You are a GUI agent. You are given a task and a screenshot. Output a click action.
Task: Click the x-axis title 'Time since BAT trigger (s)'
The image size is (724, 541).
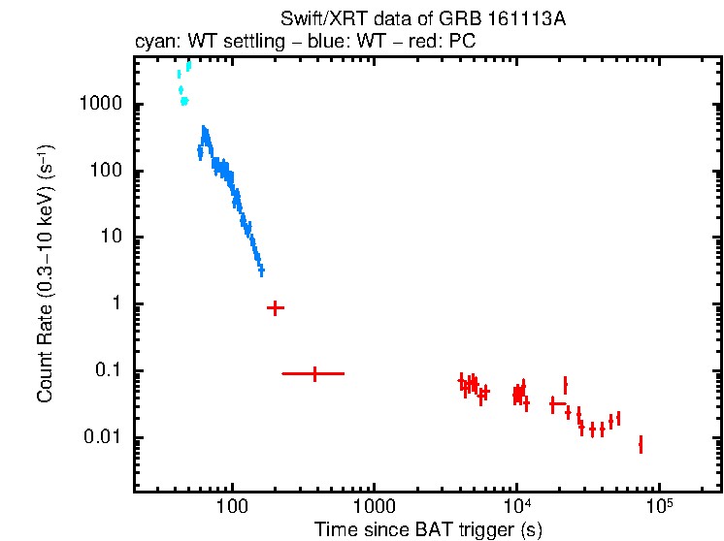(428, 529)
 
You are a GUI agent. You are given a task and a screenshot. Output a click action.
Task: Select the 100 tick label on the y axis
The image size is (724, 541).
(108, 172)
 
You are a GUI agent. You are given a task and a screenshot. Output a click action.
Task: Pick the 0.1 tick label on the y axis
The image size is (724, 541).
(109, 371)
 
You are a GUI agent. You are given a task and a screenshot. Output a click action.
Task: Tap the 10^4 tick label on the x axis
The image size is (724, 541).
(516, 506)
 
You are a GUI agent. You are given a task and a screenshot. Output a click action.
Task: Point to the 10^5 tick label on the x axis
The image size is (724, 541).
(659, 506)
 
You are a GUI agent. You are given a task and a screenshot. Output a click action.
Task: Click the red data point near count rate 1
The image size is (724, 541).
(275, 307)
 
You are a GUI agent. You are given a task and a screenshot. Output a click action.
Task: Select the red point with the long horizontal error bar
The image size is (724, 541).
(314, 373)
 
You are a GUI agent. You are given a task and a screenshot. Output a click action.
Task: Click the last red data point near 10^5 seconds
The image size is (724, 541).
(641, 444)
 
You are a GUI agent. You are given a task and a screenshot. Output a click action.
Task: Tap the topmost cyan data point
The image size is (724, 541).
(188, 65)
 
